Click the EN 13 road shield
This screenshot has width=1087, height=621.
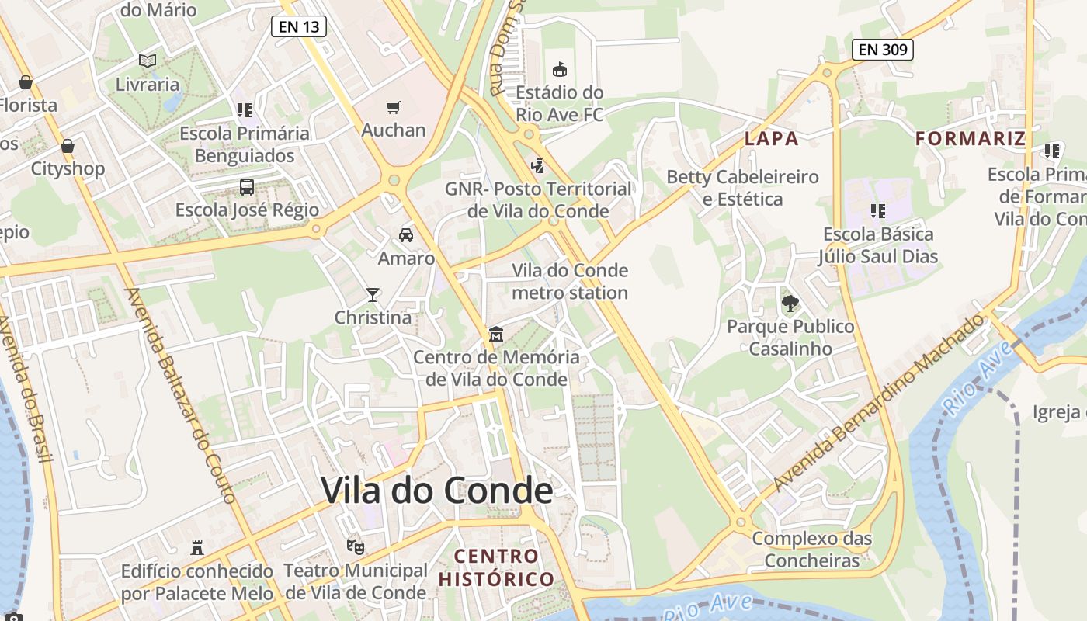click(x=299, y=27)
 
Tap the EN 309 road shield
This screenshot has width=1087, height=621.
click(x=883, y=50)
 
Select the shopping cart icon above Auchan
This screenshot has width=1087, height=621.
click(x=394, y=107)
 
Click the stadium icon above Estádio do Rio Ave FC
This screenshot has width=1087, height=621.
click(x=559, y=69)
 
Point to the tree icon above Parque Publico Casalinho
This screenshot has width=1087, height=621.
click(x=790, y=304)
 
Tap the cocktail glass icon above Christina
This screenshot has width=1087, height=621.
click(x=373, y=295)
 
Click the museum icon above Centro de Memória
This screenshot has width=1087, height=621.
click(x=496, y=335)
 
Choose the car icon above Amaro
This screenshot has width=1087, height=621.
click(x=405, y=235)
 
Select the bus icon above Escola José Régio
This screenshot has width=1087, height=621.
click(x=247, y=187)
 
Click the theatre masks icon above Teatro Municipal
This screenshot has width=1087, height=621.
click(x=356, y=547)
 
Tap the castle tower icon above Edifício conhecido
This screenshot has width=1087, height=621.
click(x=197, y=548)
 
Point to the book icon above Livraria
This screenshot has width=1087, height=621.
click(x=148, y=61)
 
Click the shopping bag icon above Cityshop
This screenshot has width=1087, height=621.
click(x=68, y=146)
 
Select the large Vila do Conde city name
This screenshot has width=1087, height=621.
click(x=436, y=491)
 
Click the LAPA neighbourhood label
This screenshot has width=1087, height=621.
click(x=771, y=139)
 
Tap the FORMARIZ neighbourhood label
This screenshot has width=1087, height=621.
click(x=970, y=139)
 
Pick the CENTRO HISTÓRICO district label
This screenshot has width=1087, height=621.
click(x=496, y=567)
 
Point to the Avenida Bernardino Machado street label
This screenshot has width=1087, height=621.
click(x=878, y=404)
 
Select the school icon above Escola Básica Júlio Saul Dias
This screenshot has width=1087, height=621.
click(x=878, y=211)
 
